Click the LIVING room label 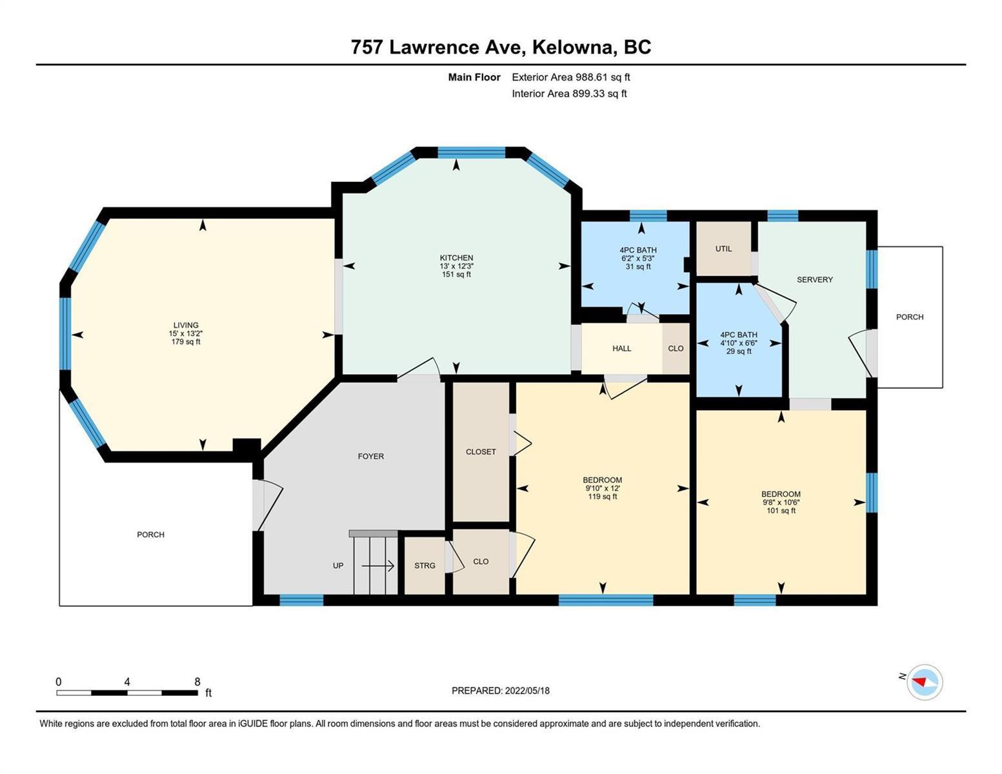[x=186, y=325]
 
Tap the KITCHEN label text [x=456, y=258]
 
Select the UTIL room [x=723, y=248]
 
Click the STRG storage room [x=425, y=565]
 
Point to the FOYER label [x=371, y=456]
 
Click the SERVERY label [x=815, y=279]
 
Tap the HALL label [x=621, y=348]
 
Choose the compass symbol [x=924, y=682]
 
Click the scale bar [x=127, y=692]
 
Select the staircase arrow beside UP [x=377, y=566]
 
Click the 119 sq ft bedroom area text [x=602, y=497]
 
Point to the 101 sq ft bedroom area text [x=781, y=510]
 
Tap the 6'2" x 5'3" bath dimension [x=637, y=258]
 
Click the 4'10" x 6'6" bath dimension [x=739, y=343]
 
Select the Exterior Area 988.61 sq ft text [x=571, y=77]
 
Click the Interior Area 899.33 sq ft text [x=570, y=94]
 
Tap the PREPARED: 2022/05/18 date [x=501, y=691]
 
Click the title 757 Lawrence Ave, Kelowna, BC [x=501, y=47]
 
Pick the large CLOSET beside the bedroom [x=481, y=451]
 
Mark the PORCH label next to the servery [x=910, y=317]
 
